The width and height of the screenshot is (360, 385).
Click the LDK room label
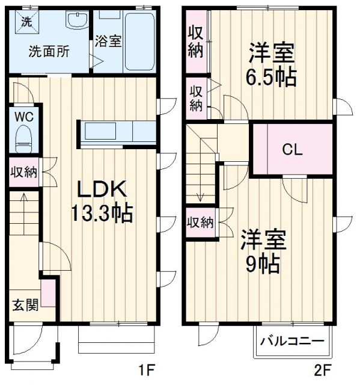(100, 189)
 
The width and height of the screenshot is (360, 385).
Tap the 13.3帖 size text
(101, 213)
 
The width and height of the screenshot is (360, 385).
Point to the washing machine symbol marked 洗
(26, 23)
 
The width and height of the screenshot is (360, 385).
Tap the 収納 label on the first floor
(24, 172)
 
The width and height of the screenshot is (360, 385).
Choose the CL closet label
(293, 150)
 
